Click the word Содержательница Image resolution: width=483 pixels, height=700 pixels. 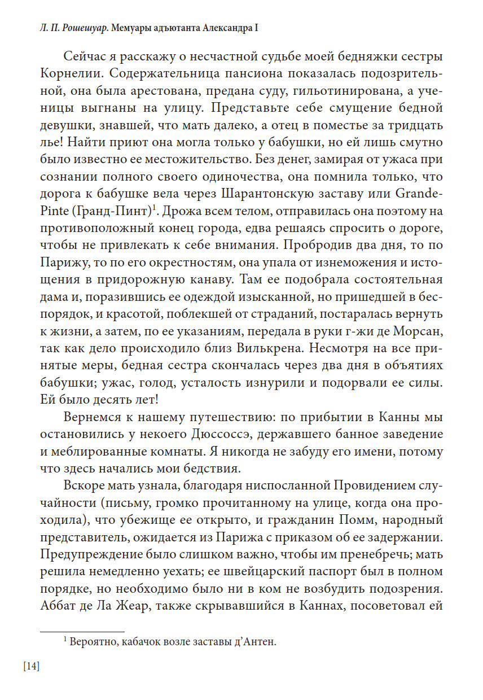point(174,75)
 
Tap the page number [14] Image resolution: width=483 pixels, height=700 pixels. point(32,667)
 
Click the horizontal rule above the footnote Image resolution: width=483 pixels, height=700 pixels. point(82,632)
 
